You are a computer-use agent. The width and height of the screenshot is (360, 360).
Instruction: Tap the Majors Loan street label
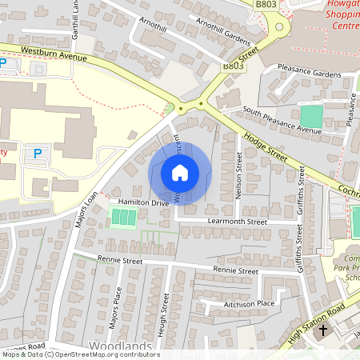tap(86, 209)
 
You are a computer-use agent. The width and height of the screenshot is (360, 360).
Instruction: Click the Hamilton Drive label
tap(143, 203)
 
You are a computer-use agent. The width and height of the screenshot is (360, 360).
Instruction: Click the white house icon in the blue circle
tap(180, 172)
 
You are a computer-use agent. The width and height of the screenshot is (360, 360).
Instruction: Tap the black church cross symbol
tap(323, 330)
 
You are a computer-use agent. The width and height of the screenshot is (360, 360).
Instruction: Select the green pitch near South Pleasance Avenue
tap(311, 115)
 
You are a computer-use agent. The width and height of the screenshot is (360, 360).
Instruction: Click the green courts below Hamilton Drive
tap(122, 217)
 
